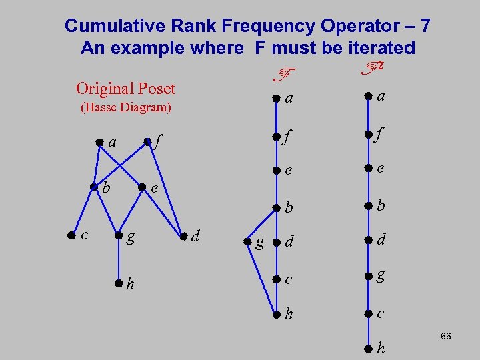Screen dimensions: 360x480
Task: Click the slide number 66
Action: tap(446, 337)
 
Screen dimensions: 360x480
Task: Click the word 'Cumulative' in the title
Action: tap(117, 26)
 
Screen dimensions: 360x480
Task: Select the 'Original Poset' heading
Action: tap(125, 89)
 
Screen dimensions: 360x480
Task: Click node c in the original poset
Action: tap(71, 234)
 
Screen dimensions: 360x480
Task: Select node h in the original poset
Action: tap(118, 283)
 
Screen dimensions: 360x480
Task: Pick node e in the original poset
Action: tap(141, 187)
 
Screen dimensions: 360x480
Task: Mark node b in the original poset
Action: tap(94, 187)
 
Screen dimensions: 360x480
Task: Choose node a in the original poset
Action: tap(99, 141)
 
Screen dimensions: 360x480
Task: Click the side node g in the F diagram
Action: tap(248, 241)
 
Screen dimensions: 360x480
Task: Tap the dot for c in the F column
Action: tap(275, 281)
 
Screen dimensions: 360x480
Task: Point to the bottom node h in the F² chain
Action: tap(367, 348)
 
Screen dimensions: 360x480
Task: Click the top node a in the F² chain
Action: tap(367, 97)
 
